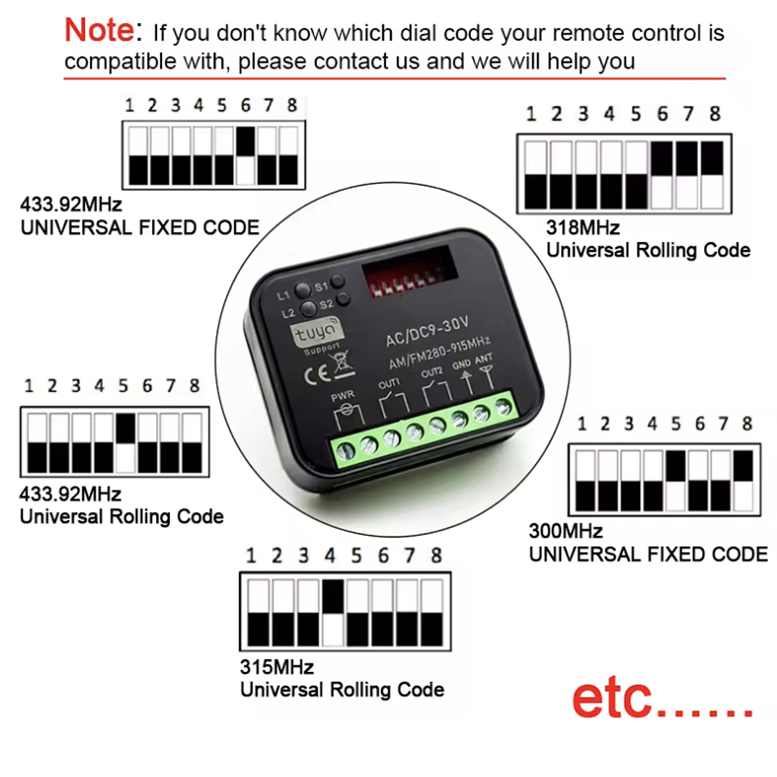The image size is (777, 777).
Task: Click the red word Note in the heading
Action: tap(99, 30)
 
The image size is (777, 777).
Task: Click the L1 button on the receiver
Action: tap(302, 289)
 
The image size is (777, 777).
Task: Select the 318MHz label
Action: tap(583, 228)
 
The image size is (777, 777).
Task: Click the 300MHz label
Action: tap(565, 531)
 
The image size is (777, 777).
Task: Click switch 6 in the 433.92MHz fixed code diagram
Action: tap(246, 155)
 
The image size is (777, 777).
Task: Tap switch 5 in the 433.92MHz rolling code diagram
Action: tap(125, 442)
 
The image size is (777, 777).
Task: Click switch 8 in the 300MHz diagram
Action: tap(745, 479)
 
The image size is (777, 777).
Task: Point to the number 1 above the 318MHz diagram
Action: tap(531, 114)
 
